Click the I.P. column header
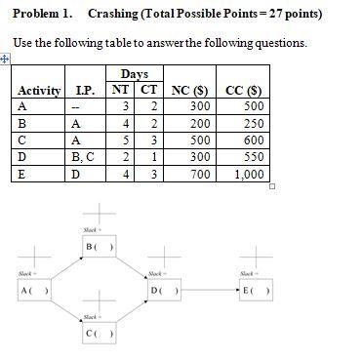[x=85, y=91]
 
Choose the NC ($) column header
[x=191, y=91]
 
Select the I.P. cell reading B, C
[x=86, y=157]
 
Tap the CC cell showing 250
[x=253, y=124]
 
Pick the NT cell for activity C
[x=126, y=140]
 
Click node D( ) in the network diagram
[x=163, y=291]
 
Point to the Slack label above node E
[x=247, y=274]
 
